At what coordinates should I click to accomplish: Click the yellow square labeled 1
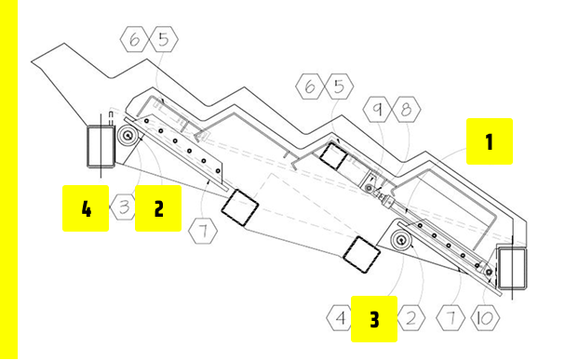click(490, 141)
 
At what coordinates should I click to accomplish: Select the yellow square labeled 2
click(158, 208)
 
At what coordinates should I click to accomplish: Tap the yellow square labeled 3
click(374, 319)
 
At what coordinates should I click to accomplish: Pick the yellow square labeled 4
click(86, 208)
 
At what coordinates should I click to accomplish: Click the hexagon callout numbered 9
click(377, 109)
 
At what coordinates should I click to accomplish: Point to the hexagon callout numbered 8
click(406, 109)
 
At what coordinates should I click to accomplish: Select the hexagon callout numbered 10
click(485, 318)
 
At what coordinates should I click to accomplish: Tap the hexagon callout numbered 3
click(123, 207)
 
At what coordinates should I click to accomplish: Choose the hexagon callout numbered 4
click(340, 318)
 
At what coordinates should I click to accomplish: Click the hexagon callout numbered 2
click(411, 318)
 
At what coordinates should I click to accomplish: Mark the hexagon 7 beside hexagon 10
click(451, 318)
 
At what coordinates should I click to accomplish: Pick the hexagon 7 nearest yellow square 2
click(203, 231)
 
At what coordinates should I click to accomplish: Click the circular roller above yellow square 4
click(128, 136)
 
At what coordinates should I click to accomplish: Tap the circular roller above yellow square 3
click(400, 239)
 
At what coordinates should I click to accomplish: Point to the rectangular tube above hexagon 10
click(512, 268)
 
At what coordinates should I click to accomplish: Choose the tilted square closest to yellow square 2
click(240, 207)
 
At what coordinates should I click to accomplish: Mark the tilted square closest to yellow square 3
click(361, 255)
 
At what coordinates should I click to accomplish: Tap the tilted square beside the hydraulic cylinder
click(333, 156)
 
